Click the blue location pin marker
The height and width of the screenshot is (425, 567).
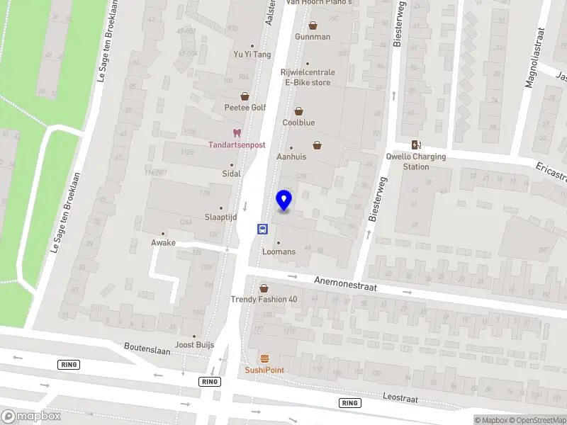coord(284,200)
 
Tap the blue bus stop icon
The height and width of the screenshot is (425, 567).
coord(262,229)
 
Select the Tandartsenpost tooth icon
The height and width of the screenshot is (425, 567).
coord(237,132)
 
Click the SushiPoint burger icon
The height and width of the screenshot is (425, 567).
coord(264,358)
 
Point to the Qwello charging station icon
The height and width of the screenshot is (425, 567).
coord(415,144)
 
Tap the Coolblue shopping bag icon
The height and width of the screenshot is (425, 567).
coord(298,111)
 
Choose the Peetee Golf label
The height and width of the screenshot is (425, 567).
coord(245,108)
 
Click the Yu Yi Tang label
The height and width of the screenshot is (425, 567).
coord(252,55)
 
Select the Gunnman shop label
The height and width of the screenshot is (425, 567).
coord(313,37)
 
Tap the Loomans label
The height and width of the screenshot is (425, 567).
coord(279,251)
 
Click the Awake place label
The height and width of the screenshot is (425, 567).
coord(162,242)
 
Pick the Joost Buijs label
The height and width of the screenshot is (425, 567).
coord(194,346)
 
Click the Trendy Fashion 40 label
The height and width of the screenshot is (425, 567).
coord(264,299)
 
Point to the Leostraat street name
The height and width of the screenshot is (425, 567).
coord(400,397)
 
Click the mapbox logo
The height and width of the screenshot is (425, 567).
coord(31,416)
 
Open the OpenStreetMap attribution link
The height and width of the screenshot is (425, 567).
coord(536,420)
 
